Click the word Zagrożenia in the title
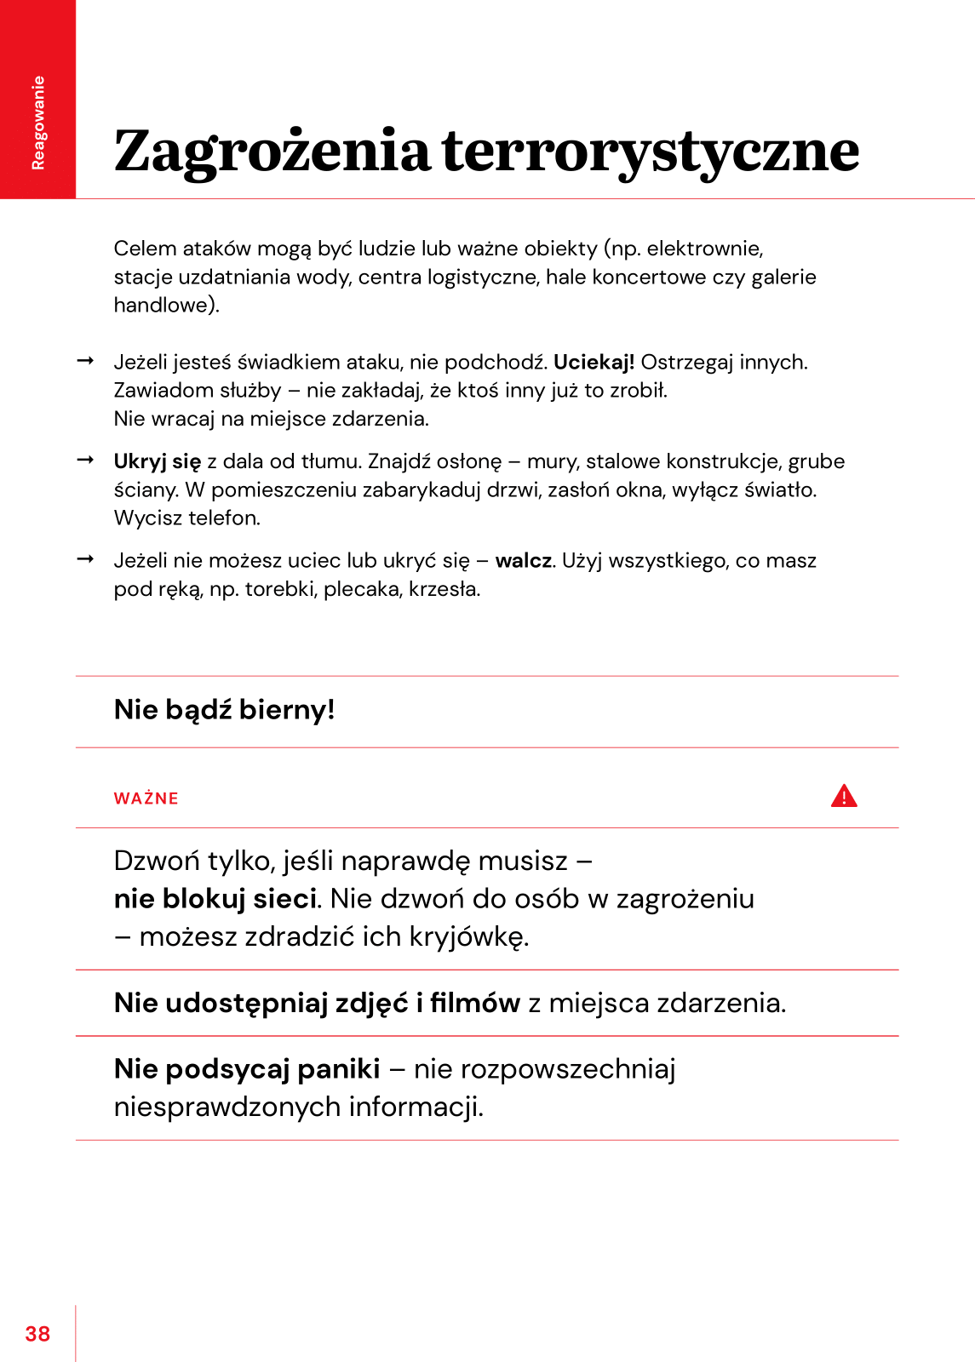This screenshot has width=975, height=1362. pyautogui.click(x=272, y=152)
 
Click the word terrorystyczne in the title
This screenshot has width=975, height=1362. pyautogui.click(x=651, y=152)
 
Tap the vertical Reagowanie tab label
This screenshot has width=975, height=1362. pyautogui.click(x=38, y=123)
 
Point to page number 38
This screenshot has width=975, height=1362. pyautogui.click(x=37, y=1334)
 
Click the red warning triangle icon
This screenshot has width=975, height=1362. pyautogui.click(x=844, y=796)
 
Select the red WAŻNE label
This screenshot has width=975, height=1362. pyautogui.click(x=146, y=798)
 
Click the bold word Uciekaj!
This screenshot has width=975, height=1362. pyautogui.click(x=594, y=362)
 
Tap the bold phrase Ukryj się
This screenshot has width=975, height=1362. pyautogui.click(x=158, y=461)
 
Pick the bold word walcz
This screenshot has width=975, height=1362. pyautogui.click(x=524, y=560)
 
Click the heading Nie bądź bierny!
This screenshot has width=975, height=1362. pyautogui.click(x=225, y=709)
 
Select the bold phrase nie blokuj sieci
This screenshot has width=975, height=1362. pyautogui.click(x=215, y=899)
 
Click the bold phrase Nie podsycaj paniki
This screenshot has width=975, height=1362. pyautogui.click(x=247, y=1068)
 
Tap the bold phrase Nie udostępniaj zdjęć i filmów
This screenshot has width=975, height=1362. pyautogui.click(x=317, y=1003)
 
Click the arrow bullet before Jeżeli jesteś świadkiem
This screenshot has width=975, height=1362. pyautogui.click(x=85, y=361)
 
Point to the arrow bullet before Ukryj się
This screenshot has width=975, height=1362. pyautogui.click(x=85, y=461)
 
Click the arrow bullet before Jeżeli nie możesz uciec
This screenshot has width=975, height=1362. pyautogui.click(x=85, y=559)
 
